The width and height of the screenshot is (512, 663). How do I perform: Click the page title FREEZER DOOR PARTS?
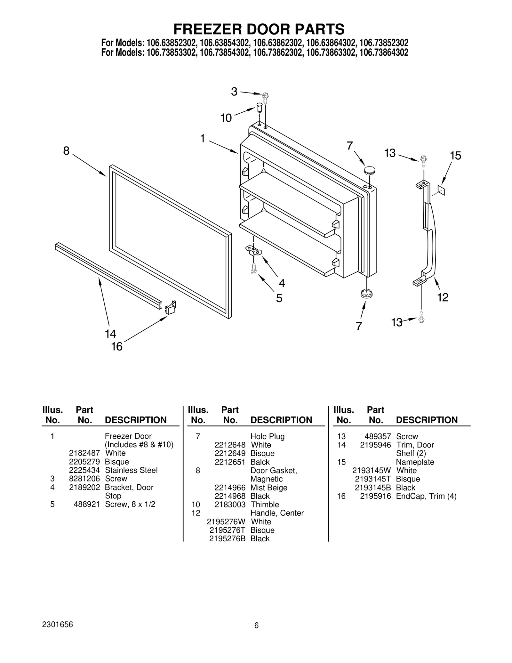point(259,29)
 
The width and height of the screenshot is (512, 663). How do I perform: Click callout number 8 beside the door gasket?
point(66,150)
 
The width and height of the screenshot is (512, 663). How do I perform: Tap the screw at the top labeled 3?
point(265,96)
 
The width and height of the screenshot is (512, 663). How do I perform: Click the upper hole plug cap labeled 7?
point(370,170)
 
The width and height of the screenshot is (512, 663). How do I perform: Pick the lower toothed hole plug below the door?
point(366,293)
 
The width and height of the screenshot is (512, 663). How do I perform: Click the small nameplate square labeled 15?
point(441,191)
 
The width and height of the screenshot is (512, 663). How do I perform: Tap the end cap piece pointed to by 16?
point(171,308)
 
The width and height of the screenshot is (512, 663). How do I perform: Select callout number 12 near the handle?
point(443,297)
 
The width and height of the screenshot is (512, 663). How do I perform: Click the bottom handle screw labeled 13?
point(421,317)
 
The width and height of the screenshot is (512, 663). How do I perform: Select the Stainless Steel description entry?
point(131,470)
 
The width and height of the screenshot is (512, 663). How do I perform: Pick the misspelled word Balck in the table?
point(260,462)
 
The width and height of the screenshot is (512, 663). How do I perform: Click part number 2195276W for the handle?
point(226,522)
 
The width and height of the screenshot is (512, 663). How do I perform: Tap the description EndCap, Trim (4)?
point(426,496)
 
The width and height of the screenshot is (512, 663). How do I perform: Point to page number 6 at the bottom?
point(256,626)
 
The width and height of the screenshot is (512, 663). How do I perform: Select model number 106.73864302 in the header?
point(384,53)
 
